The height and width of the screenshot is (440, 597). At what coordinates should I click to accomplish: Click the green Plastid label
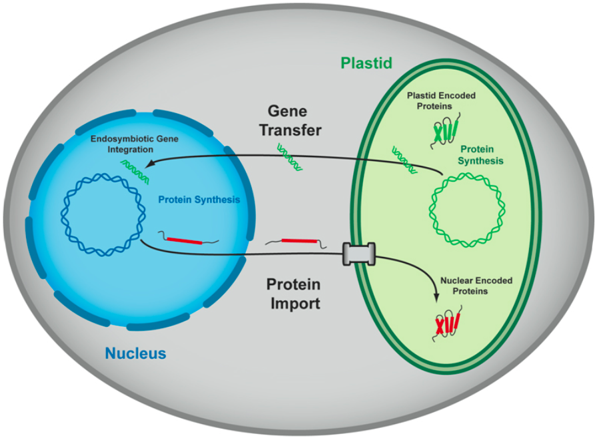pos(366,63)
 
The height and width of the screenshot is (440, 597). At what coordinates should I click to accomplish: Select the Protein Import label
pos(294,294)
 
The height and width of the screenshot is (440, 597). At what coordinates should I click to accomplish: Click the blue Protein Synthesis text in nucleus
pos(198,200)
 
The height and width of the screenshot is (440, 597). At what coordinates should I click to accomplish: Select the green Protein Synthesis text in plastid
pos(481,156)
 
